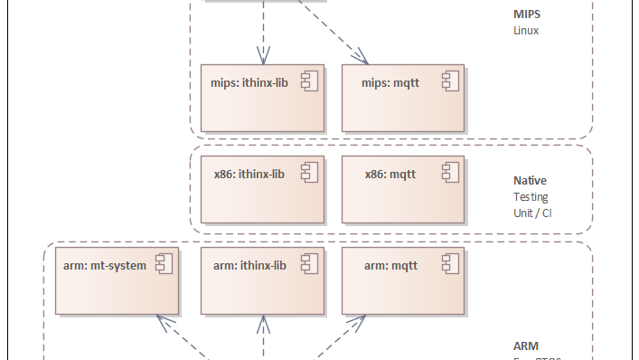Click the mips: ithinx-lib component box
click(x=261, y=97)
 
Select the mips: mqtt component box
click(x=402, y=97)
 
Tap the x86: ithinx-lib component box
click(x=261, y=188)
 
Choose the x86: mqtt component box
click(x=402, y=188)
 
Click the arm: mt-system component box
click(x=115, y=279)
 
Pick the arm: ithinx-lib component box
click(x=261, y=279)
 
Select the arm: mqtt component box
click(x=402, y=279)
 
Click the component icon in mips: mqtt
click(x=450, y=82)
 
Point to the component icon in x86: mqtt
click(x=450, y=174)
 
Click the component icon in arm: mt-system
click(x=164, y=265)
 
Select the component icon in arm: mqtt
click(x=450, y=265)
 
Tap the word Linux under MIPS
click(x=526, y=30)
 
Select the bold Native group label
click(x=531, y=181)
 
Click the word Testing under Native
click(x=531, y=196)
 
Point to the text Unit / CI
click(x=533, y=212)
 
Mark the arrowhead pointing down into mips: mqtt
click(x=364, y=60)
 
